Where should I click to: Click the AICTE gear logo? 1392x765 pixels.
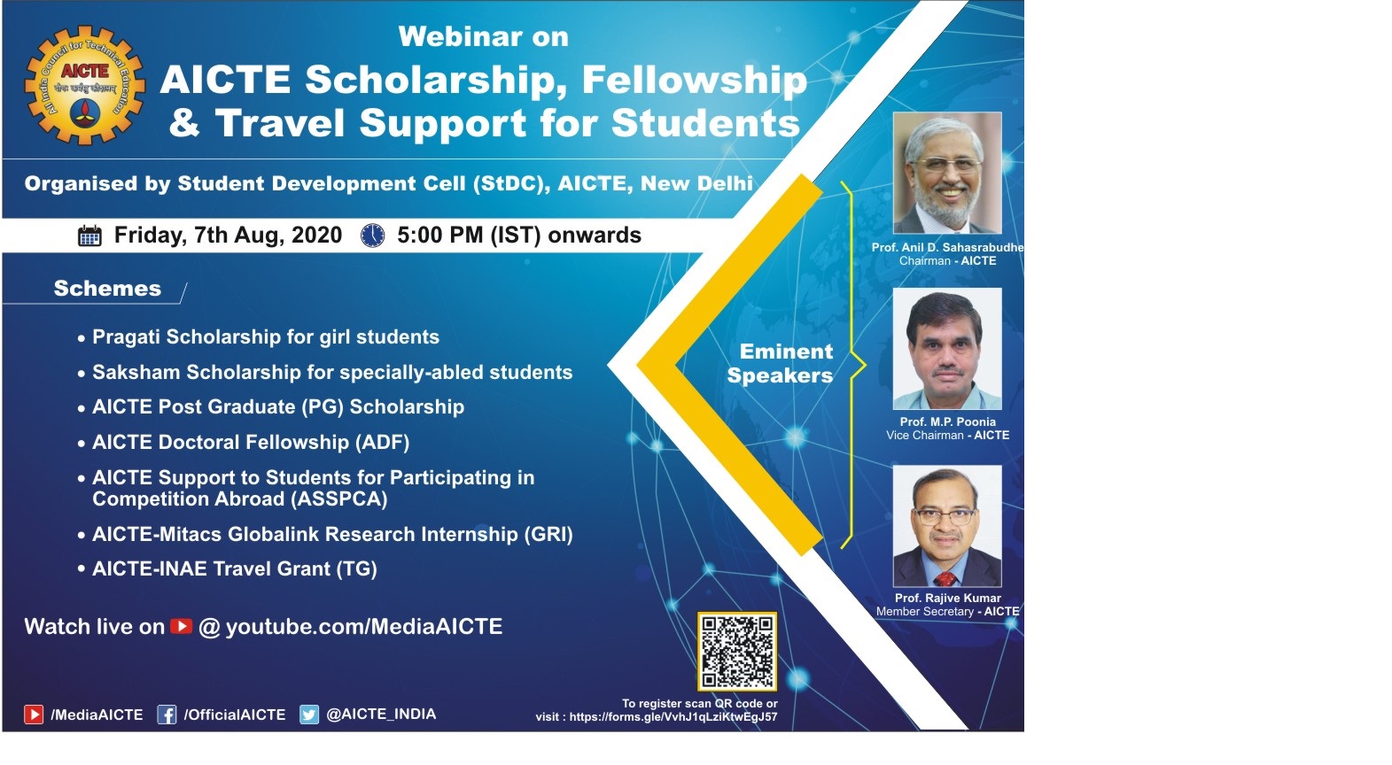click(85, 85)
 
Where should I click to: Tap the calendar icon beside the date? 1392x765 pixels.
click(89, 236)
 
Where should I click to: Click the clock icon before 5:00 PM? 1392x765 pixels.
click(373, 236)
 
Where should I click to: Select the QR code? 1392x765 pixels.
click(737, 652)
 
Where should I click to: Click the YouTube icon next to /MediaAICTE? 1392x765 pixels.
click(34, 715)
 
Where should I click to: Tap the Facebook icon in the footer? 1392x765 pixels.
click(167, 715)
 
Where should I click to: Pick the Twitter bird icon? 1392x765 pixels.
click(309, 715)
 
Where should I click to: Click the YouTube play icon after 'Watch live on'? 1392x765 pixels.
click(182, 626)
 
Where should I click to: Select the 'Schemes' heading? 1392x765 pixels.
click(107, 288)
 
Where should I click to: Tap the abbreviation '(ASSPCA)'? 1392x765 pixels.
click(339, 498)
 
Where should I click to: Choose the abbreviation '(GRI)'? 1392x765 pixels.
click(548, 534)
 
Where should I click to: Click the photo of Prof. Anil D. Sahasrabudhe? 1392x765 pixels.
click(947, 173)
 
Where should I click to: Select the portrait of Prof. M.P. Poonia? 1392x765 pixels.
click(947, 348)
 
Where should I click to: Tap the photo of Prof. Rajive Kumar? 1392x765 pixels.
click(947, 526)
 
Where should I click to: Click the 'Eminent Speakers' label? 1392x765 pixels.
click(781, 363)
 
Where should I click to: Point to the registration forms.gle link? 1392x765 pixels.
click(673, 716)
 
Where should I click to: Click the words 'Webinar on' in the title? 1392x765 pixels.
click(484, 36)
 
